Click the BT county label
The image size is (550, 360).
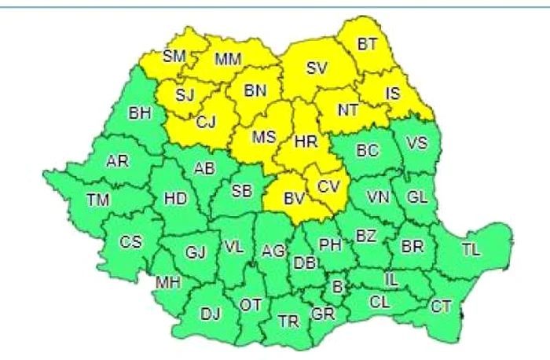[367, 45]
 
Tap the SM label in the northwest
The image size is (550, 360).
[174, 56]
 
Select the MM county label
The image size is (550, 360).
[228, 60]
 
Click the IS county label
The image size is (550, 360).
[394, 94]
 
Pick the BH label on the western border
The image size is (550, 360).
[140, 114]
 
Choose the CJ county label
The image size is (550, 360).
[206, 121]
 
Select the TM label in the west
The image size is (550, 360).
[97, 201]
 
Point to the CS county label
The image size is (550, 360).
[130, 242]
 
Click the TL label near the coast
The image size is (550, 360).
[471, 250]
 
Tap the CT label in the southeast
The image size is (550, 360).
[440, 307]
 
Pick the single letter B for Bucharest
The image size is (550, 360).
[338, 288]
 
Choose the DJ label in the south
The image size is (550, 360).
[210, 315]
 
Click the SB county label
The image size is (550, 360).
[241, 191]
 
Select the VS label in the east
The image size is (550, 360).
[417, 142]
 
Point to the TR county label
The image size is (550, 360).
[288, 321]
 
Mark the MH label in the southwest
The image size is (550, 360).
[167, 281]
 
